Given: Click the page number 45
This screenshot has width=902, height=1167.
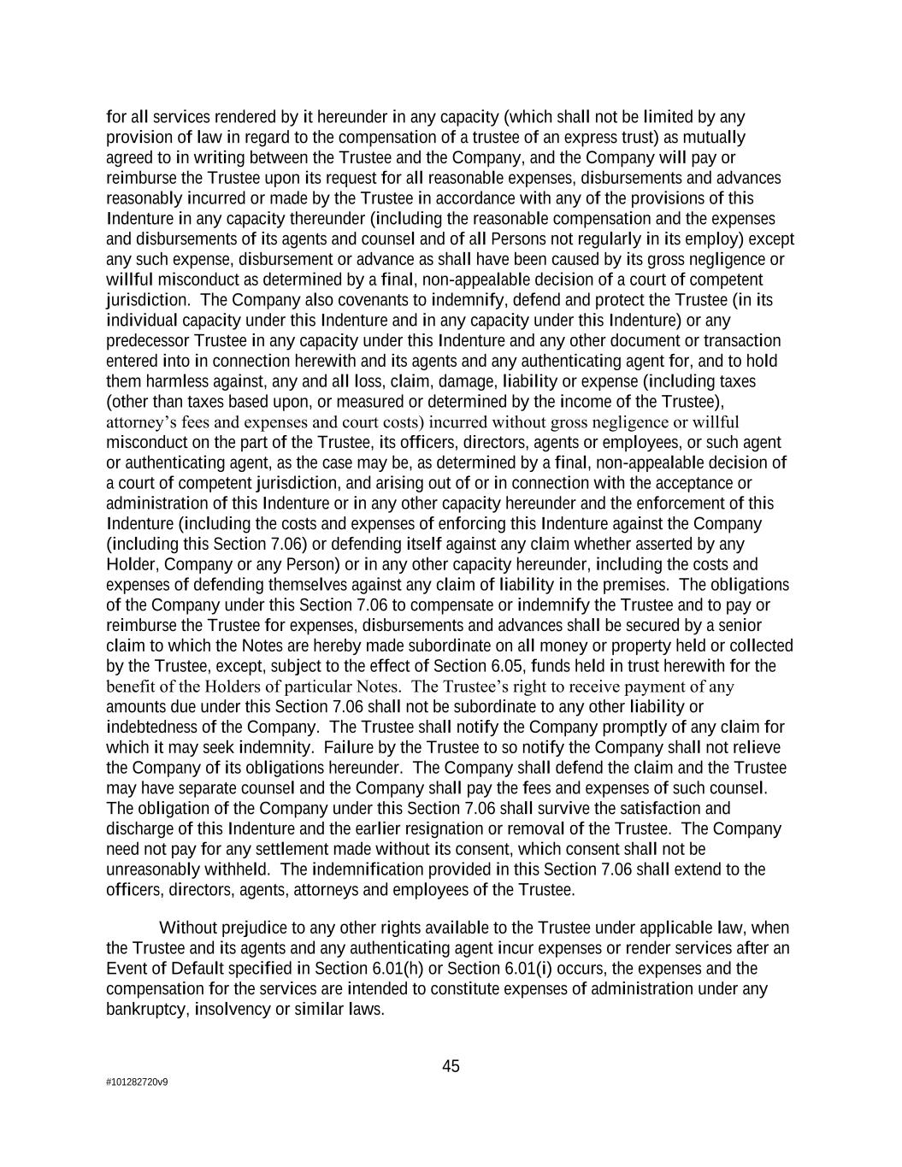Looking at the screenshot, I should tap(451, 1066).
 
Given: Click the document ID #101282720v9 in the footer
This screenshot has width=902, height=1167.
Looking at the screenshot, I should tap(137, 1082).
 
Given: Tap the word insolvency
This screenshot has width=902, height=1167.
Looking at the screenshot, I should tap(231, 1010).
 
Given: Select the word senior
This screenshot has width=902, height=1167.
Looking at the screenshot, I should tap(739, 625).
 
